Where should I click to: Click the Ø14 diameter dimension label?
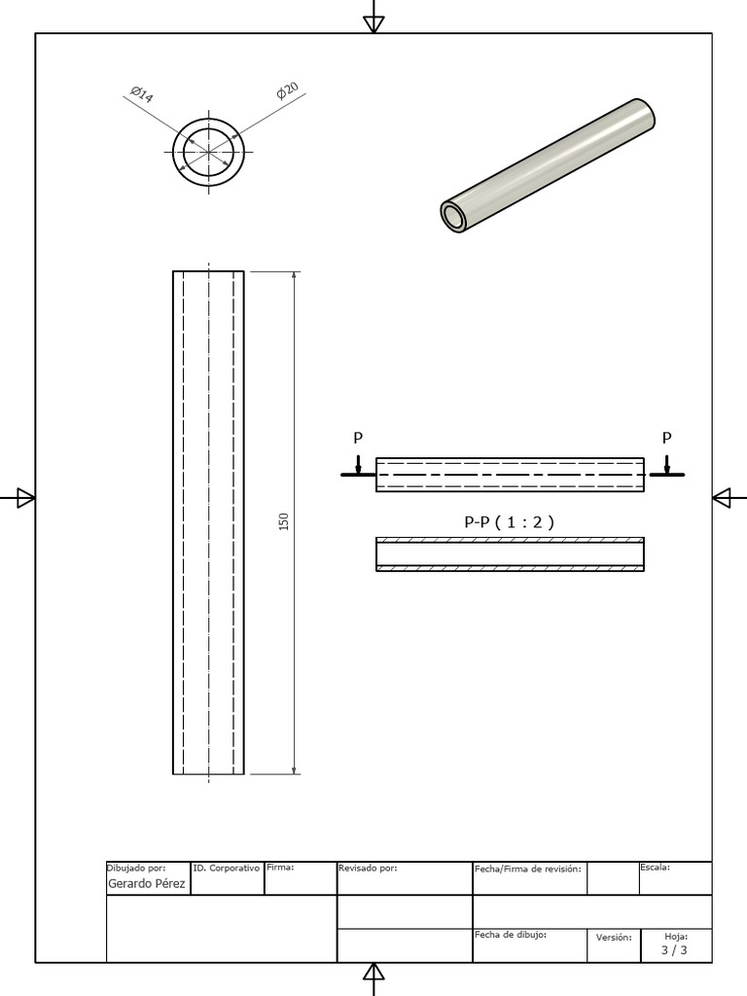pyautogui.click(x=140, y=93)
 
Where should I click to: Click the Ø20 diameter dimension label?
pyautogui.click(x=287, y=91)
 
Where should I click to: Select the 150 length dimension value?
pyautogui.click(x=284, y=522)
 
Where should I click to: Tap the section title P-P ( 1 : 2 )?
pyautogui.click(x=509, y=521)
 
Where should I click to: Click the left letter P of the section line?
pyautogui.click(x=358, y=439)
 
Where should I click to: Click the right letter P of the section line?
pyautogui.click(x=666, y=438)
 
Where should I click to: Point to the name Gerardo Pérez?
pyautogui.click(x=146, y=883)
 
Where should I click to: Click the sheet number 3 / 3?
pyautogui.click(x=674, y=950)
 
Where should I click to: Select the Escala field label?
pyautogui.click(x=655, y=867)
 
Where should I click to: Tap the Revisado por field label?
pyautogui.click(x=368, y=868)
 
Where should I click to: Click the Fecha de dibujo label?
pyautogui.click(x=511, y=934)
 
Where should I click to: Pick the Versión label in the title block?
pyautogui.click(x=614, y=938)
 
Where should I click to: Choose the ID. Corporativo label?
pyautogui.click(x=227, y=867)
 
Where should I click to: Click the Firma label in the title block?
pyautogui.click(x=280, y=867)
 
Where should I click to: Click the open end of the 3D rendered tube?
pyautogui.click(x=454, y=217)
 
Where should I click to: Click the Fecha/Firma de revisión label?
pyautogui.click(x=528, y=868)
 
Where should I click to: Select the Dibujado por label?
pyautogui.click(x=136, y=867)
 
